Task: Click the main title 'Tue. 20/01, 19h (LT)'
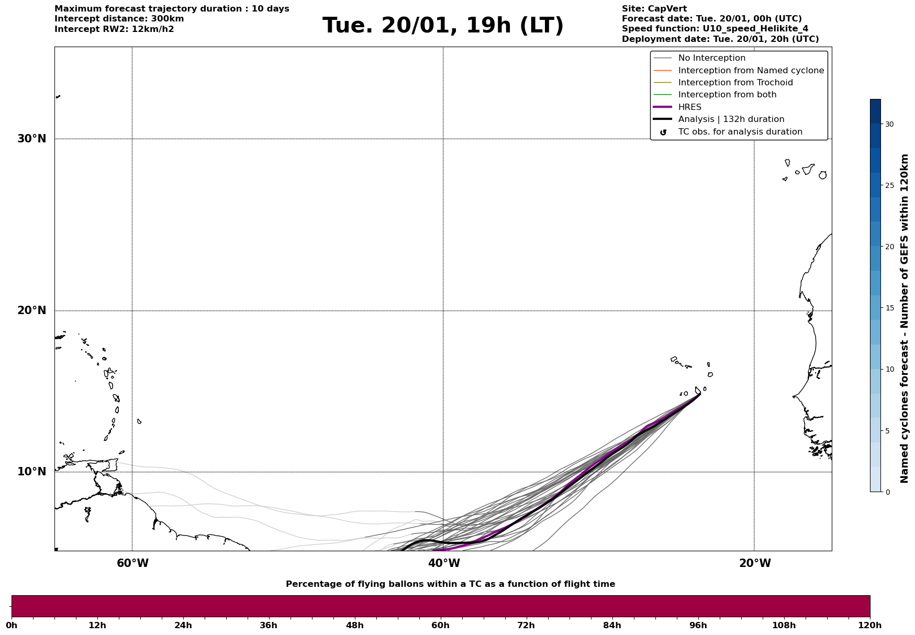coord(443,26)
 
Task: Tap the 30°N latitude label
coord(32,139)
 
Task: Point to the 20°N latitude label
coord(32,310)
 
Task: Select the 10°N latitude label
coord(32,472)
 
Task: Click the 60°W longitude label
coord(132,563)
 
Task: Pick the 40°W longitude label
coord(444,563)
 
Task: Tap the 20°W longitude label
coord(755,563)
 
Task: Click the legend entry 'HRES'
coord(689,107)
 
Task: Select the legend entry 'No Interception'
coord(711,58)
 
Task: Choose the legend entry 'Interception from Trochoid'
coord(735,83)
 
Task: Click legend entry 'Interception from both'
coord(727,95)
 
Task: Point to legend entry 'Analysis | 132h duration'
coord(731,119)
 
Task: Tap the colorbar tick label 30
coord(889,124)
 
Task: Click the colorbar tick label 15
coord(889,308)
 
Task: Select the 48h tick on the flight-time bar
coord(354,626)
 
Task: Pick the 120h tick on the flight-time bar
coord(870,626)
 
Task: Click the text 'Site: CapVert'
coord(654,9)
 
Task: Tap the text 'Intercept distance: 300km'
coord(119,19)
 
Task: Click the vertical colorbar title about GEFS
coord(904,318)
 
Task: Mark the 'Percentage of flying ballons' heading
coord(450,584)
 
